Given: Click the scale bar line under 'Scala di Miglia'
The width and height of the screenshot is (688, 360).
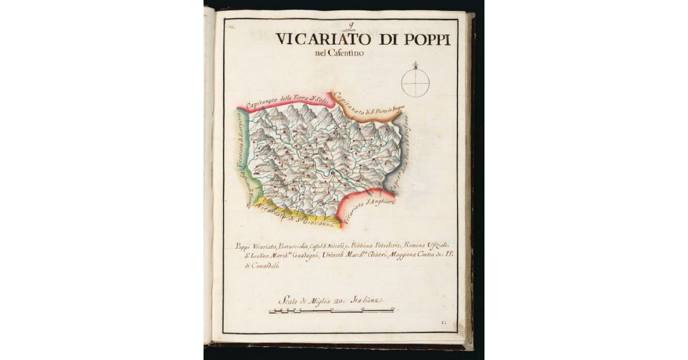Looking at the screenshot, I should (331, 311).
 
